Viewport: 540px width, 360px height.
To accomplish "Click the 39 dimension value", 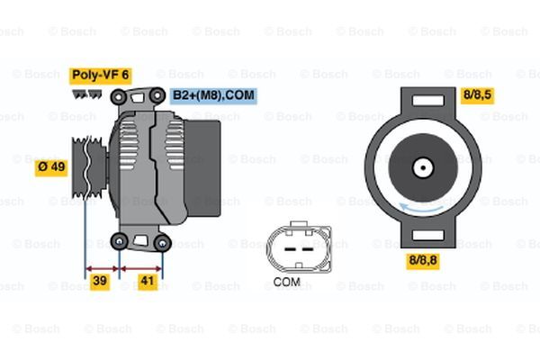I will click(x=101, y=283).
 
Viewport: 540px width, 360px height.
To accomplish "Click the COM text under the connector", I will click(x=286, y=282).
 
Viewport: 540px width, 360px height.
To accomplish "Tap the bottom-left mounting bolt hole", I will click(x=119, y=239).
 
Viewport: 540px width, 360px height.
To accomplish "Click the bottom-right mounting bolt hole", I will click(x=162, y=241).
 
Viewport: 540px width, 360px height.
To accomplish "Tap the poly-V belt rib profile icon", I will click(x=85, y=92).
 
